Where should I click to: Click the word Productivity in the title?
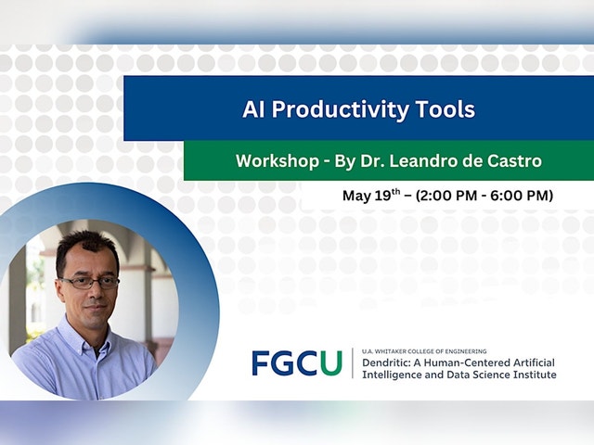coord(340,109)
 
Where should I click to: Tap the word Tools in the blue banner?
coord(445,109)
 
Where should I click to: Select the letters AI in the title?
coord(253,109)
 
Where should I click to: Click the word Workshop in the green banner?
coord(278,160)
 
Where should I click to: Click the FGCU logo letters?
coord(297,362)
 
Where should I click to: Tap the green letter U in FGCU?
coord(331,362)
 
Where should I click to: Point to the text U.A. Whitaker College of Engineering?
coord(424,351)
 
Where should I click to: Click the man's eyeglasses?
coord(90,283)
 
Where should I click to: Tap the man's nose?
coord(97,292)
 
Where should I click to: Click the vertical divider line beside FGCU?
coord(353,362)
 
